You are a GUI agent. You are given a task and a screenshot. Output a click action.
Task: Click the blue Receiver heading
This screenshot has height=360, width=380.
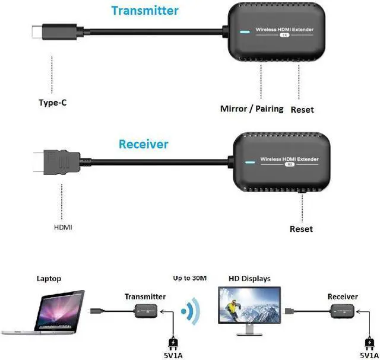point(143,144)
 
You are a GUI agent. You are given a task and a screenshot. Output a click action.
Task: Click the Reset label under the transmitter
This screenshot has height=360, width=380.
point(302,110)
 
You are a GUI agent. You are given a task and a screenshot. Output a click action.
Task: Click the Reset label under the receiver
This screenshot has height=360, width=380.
point(301,229)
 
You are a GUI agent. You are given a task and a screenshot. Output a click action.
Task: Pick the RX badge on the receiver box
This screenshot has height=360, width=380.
point(291,165)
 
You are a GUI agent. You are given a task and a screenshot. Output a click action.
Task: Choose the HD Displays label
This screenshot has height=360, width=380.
point(249,279)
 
